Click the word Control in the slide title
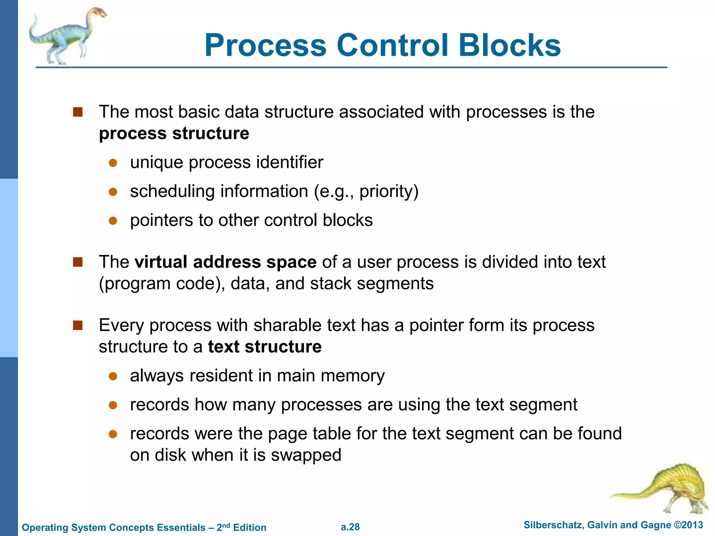pyautogui.click(x=392, y=45)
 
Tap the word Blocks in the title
pyautogui.click(x=509, y=45)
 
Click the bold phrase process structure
pyautogui.click(x=174, y=134)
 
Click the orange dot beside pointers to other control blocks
pyautogui.click(x=113, y=221)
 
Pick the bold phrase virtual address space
pyautogui.click(x=226, y=262)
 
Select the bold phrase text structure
pyautogui.click(x=265, y=347)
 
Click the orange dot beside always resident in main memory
pyautogui.click(x=113, y=376)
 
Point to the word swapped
pyautogui.click(x=306, y=455)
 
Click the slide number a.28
pyautogui.click(x=350, y=527)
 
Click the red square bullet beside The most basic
pyautogui.click(x=78, y=112)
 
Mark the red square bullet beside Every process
pyautogui.click(x=78, y=326)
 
